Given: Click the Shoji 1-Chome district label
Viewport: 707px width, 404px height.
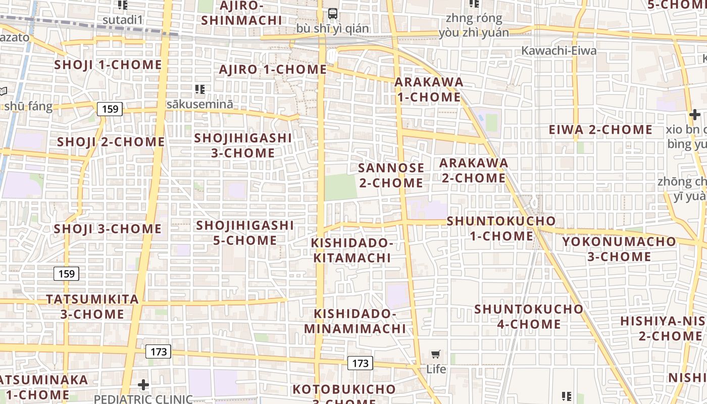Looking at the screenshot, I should pyautogui.click(x=108, y=65).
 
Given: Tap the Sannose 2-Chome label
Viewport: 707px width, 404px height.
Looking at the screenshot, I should pyautogui.click(x=391, y=175).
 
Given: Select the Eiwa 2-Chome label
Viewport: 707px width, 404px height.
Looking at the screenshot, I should pyautogui.click(x=600, y=130).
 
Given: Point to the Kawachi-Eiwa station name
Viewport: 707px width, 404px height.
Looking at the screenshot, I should pyautogui.click(x=559, y=50).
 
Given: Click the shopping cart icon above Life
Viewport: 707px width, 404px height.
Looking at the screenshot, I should pyautogui.click(x=436, y=355).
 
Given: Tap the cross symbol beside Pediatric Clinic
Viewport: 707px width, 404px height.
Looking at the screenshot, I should pyautogui.click(x=143, y=385).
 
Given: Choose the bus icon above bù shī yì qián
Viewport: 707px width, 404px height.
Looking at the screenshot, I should pyautogui.click(x=333, y=14).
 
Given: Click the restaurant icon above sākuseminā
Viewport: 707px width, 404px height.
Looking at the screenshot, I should pyautogui.click(x=200, y=89).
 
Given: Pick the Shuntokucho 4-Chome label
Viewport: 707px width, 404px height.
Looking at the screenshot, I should pyautogui.click(x=529, y=316).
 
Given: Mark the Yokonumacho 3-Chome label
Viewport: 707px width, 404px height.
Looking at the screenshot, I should pyautogui.click(x=619, y=248).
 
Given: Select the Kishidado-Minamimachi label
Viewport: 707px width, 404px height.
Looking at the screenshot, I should pyautogui.click(x=355, y=321).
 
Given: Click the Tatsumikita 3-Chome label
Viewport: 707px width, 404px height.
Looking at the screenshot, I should pyautogui.click(x=92, y=307).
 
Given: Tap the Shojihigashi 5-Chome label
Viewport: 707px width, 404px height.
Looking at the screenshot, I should pyautogui.click(x=245, y=232).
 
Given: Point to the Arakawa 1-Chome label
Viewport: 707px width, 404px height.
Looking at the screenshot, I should pyautogui.click(x=429, y=89).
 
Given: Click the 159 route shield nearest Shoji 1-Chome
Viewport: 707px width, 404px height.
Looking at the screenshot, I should pyautogui.click(x=110, y=109).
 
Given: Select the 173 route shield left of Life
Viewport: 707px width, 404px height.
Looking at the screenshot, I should pyautogui.click(x=360, y=363).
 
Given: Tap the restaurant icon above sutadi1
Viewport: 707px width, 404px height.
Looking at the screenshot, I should pyautogui.click(x=123, y=5).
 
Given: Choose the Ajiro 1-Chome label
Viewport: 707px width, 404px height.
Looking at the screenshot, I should pyautogui.click(x=273, y=70).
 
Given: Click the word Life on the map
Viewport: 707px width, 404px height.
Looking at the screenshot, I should pyautogui.click(x=436, y=369).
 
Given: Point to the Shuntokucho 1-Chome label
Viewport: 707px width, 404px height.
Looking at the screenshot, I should pyautogui.click(x=501, y=228).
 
